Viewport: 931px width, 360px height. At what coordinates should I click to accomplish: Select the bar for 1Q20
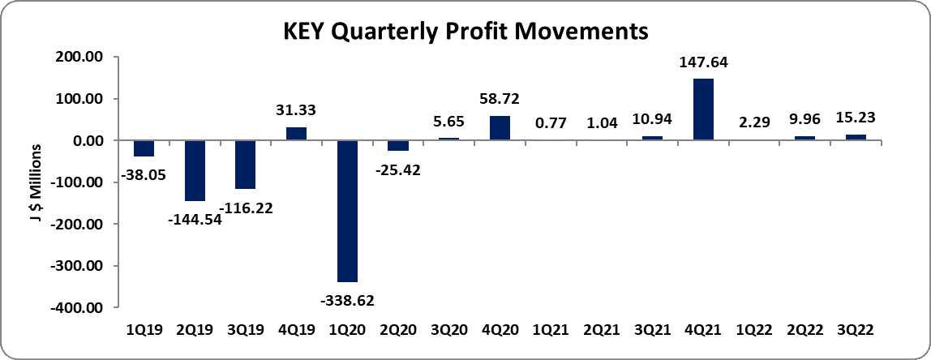[x=347, y=211]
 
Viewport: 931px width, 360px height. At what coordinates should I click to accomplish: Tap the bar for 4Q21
[x=703, y=109]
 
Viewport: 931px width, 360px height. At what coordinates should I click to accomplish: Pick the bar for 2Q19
[x=195, y=170]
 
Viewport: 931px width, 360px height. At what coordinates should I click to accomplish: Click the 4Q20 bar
[x=500, y=128]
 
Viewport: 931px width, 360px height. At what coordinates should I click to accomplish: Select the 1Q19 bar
[x=144, y=148]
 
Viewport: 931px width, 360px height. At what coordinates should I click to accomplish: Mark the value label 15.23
[x=856, y=118]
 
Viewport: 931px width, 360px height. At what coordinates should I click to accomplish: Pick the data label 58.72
[x=500, y=100]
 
